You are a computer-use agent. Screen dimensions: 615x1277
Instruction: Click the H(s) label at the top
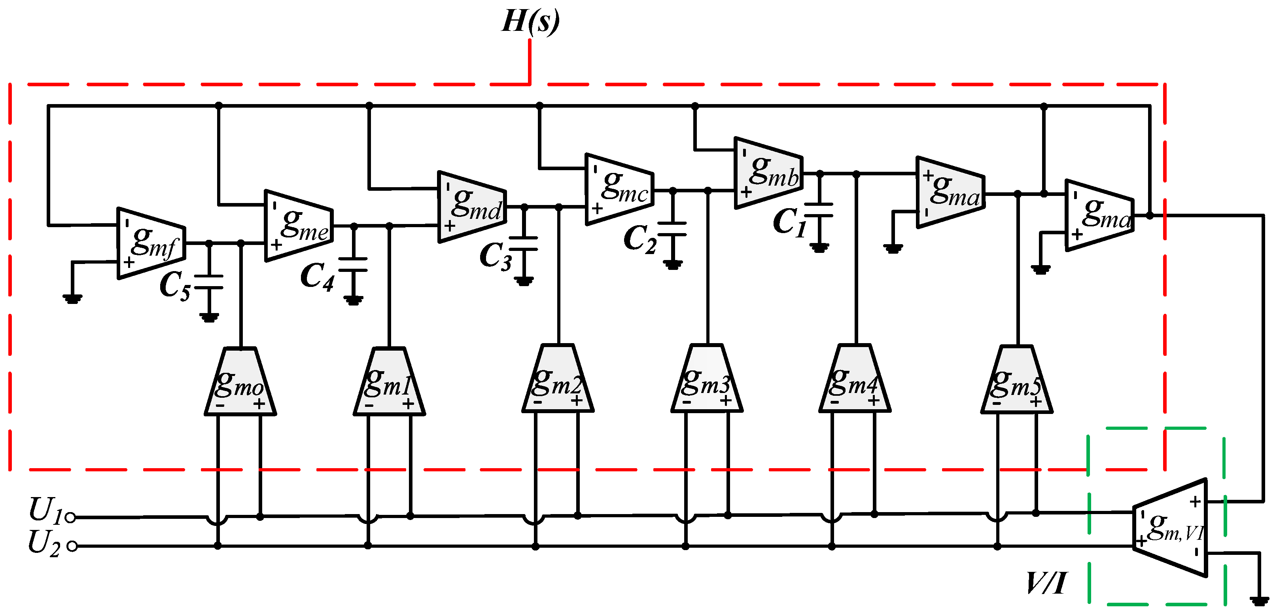click(530, 21)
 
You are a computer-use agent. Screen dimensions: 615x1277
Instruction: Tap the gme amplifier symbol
click(299, 226)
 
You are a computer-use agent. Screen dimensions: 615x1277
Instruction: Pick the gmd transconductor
click(471, 207)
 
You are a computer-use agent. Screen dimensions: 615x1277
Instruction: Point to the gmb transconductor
click(768, 173)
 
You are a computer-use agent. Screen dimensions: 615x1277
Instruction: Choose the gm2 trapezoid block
click(558, 380)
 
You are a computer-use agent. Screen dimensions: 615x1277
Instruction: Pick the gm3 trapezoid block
click(707, 380)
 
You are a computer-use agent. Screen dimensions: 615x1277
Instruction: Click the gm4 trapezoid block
click(855, 380)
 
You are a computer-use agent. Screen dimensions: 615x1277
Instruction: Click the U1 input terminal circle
click(70, 518)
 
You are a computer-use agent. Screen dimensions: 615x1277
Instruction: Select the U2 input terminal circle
click(72, 546)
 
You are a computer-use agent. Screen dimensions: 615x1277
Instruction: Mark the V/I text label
click(1046, 583)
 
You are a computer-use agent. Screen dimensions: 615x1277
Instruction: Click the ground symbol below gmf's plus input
click(72, 298)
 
